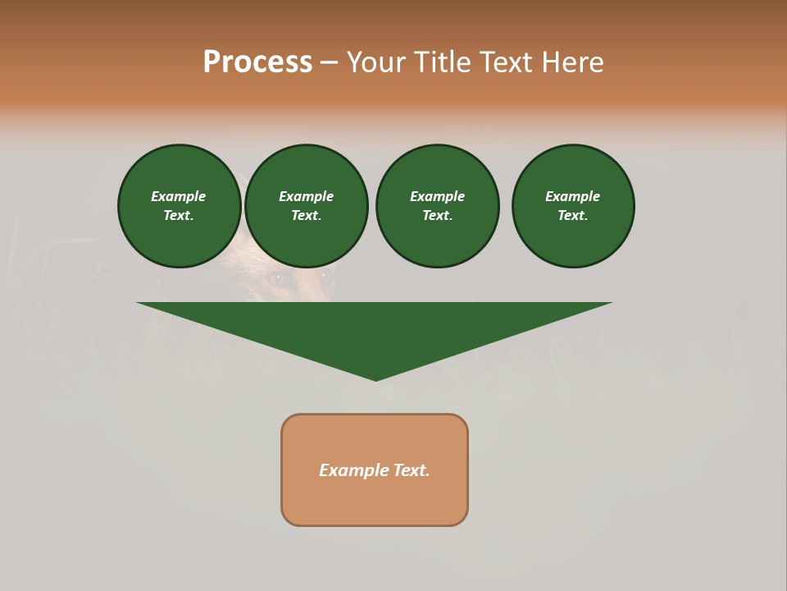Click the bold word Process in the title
[257, 62]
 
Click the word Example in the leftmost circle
[179, 196]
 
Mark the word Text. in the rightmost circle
[573, 215]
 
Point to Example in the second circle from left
[306, 196]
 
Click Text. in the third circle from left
[437, 215]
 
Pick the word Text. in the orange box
[411, 470]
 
